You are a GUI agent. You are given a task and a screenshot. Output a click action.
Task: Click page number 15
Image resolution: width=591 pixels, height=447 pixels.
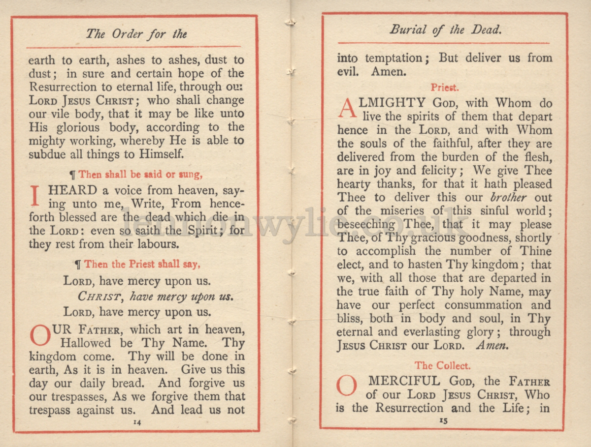(x=443, y=421)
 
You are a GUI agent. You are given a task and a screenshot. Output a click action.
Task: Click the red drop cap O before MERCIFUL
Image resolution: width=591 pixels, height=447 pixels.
(x=347, y=386)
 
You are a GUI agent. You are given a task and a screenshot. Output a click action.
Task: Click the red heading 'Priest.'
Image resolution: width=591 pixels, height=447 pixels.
(x=445, y=88)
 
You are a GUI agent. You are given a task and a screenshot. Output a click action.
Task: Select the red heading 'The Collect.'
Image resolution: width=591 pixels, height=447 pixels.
(x=442, y=365)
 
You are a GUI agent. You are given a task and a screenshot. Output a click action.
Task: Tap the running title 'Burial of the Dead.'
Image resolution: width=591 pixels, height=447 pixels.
(x=446, y=30)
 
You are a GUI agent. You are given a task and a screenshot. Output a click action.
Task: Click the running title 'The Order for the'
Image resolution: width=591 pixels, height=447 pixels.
(x=136, y=34)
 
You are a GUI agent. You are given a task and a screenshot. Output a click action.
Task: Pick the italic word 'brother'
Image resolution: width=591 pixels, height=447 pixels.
(x=508, y=198)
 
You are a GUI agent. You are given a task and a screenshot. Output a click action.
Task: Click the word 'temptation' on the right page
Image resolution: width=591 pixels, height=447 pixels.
(x=393, y=58)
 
